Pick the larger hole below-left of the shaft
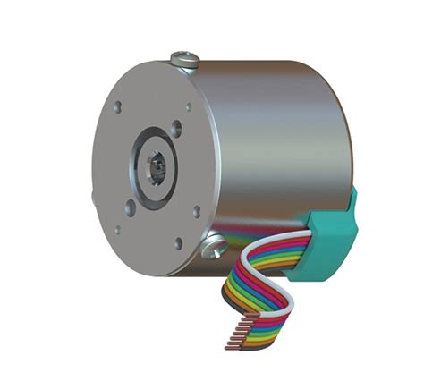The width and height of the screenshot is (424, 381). pos(131,208)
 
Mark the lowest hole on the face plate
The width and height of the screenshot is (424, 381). pos(179,242)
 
